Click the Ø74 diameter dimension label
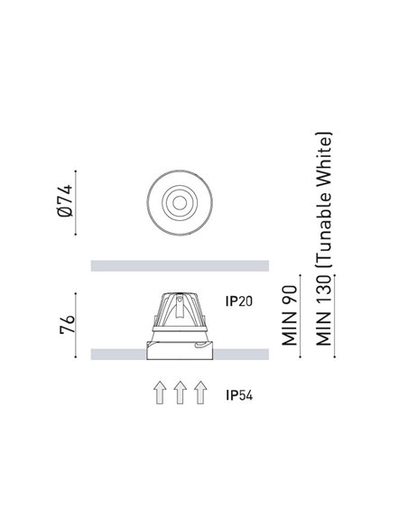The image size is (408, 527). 65,200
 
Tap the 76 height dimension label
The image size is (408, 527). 67,324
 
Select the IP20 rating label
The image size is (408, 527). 239,301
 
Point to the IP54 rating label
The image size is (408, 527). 239,395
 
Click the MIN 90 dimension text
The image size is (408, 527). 290,315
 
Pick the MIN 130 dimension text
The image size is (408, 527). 324,310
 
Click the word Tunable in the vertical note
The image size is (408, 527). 324,231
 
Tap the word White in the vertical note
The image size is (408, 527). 324,162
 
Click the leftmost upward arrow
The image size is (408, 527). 160,393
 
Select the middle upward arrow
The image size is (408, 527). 181,393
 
